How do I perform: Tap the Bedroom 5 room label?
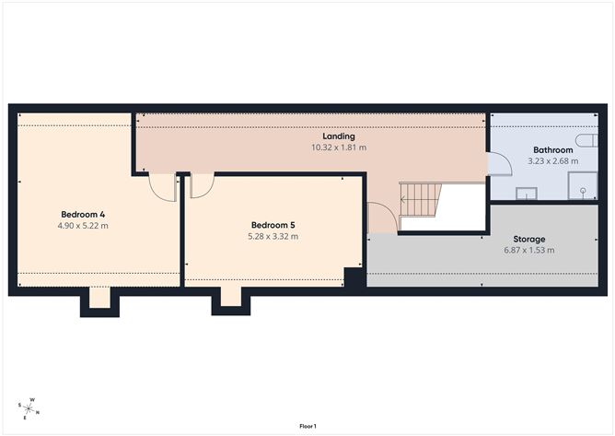coord(273,224)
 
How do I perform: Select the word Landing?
coord(339,136)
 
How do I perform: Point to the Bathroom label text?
coord(553,149)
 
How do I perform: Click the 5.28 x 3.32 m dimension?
coord(273,236)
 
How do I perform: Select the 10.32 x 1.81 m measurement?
coord(339,147)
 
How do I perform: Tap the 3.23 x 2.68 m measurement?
coord(553,161)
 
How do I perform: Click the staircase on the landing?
coord(420,195)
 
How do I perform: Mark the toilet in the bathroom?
coord(528,193)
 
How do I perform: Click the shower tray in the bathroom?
coord(582,190)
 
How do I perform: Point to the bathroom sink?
coord(528,193)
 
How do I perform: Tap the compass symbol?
coord(29,407)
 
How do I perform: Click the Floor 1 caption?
coord(307,427)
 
